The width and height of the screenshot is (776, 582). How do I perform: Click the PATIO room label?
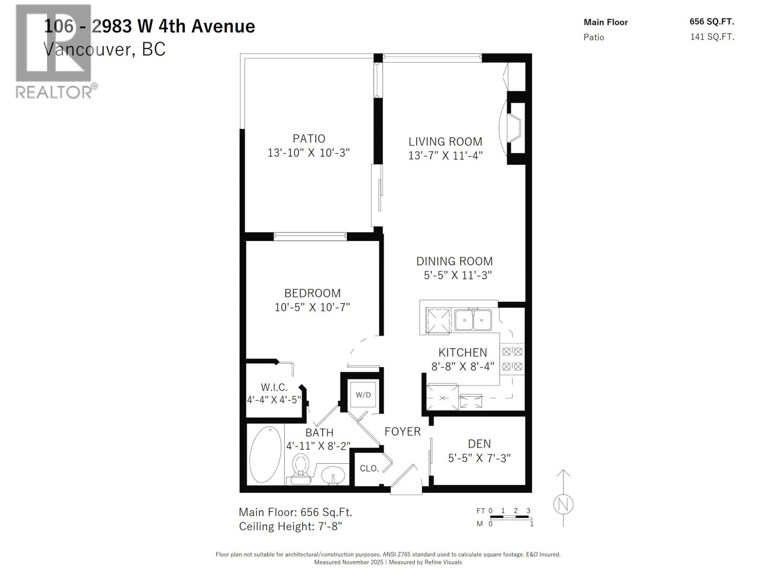pyautogui.click(x=308, y=139)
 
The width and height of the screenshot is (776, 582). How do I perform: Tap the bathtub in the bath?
pyautogui.click(x=265, y=454)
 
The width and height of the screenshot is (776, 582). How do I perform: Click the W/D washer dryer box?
pyautogui.click(x=363, y=395)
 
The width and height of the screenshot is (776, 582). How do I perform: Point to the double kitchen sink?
pyautogui.click(x=473, y=320)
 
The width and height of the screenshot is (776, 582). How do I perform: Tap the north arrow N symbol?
pyautogui.click(x=563, y=504)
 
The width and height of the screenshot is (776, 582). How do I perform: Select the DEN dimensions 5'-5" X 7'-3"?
pyautogui.click(x=479, y=458)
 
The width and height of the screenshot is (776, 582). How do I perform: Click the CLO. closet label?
pyautogui.click(x=369, y=469)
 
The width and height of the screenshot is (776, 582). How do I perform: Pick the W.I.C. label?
pyautogui.click(x=274, y=387)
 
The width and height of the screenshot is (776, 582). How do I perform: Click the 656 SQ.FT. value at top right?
pyautogui.click(x=711, y=22)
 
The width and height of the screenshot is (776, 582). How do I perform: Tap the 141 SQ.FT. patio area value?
pyautogui.click(x=711, y=37)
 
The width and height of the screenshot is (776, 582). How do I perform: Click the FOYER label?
pyautogui.click(x=403, y=432)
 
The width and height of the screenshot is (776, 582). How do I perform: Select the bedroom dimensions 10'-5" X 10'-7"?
pyautogui.click(x=312, y=307)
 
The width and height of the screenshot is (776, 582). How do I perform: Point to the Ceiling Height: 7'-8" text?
pyautogui.click(x=291, y=526)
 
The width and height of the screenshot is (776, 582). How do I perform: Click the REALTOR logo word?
pyautogui.click(x=53, y=92)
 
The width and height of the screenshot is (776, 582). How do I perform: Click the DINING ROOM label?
pyautogui.click(x=454, y=261)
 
